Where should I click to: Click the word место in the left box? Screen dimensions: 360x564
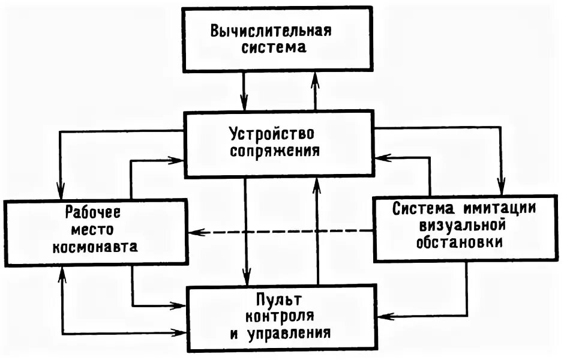93,229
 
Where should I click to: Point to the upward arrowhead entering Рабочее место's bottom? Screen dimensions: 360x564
61,274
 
